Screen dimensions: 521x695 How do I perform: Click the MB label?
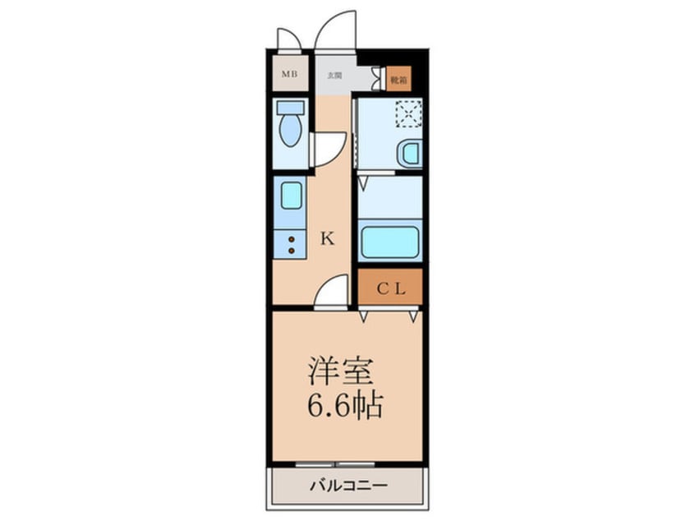pos(289,76)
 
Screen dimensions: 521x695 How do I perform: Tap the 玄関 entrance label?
pos(334,76)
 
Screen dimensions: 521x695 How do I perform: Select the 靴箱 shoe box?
pos(398,80)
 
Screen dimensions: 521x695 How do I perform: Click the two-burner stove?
pos(290,242)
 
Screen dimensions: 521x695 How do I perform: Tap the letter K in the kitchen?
pos(327,239)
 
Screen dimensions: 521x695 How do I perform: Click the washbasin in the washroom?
pos(409,153)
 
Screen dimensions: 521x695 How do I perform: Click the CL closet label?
pos(390,288)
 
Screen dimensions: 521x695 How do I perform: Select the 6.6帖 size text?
pos(346,405)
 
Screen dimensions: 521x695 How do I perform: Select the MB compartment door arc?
pos(289,38)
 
